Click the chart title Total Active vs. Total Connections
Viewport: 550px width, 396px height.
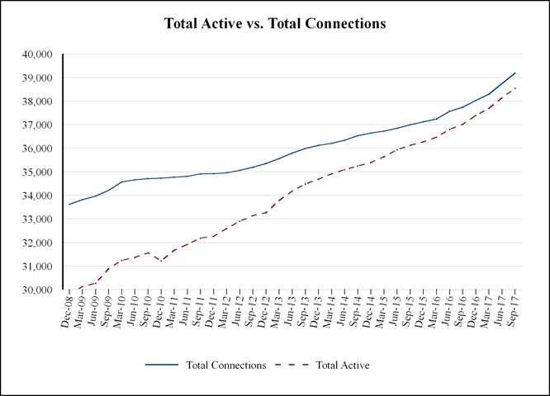(x=275, y=24)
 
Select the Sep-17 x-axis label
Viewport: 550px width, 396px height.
(x=514, y=312)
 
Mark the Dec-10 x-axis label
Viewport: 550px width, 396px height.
(x=162, y=312)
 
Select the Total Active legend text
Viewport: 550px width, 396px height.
(x=342, y=364)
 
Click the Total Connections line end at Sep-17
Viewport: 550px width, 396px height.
(x=515, y=73)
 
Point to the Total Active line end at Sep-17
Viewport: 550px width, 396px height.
(x=515, y=88)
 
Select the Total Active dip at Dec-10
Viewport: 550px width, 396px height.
(x=162, y=261)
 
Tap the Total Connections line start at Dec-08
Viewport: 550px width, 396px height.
(x=69, y=205)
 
